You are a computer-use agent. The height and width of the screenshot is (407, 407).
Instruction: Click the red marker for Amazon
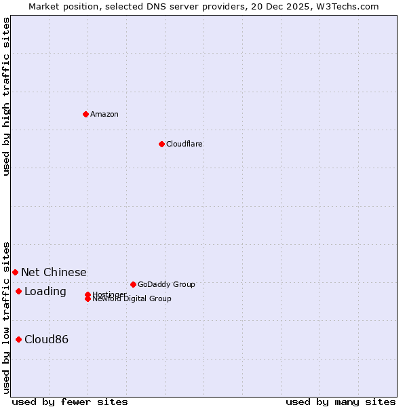pos(85,114)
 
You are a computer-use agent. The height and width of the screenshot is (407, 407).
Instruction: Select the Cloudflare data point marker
pos(161,144)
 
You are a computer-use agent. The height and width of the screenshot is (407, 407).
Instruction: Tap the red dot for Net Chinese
pos(15,272)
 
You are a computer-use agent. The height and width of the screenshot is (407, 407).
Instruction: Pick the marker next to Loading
pos(18,291)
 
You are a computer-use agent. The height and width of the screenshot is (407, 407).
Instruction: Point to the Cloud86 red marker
pos(18,339)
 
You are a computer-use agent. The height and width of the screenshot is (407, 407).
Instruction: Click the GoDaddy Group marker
pos(133,284)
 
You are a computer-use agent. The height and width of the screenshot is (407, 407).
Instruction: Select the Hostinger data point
pos(88,294)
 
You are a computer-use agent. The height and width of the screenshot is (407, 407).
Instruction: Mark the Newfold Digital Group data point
pos(88,298)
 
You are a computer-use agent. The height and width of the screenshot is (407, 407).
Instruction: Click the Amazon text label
pos(104,114)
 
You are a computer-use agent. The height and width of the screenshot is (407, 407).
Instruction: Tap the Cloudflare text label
pos(184,144)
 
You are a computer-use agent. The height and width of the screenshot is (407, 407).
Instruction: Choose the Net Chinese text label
pos(54,272)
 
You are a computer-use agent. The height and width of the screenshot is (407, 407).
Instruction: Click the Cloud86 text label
pos(46,339)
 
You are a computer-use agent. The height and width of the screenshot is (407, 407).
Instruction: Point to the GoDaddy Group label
pos(166,284)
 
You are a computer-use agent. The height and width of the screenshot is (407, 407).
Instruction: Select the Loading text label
pos(45,291)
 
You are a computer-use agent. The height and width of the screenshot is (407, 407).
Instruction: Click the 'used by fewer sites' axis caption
pos(70,402)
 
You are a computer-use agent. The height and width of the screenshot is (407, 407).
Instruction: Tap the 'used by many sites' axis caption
pos(341,402)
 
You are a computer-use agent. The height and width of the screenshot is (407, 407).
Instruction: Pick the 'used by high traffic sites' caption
pos(6,96)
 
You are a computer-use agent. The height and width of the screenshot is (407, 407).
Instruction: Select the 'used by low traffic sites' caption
pos(6,317)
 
